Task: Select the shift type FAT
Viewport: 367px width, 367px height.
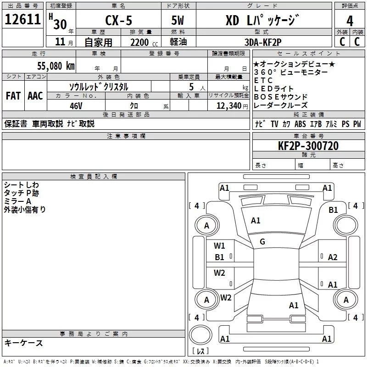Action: pyautogui.click(x=13, y=95)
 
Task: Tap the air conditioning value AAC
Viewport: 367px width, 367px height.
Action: pyautogui.click(x=35, y=95)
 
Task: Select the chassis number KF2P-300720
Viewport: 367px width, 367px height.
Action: pyautogui.click(x=308, y=146)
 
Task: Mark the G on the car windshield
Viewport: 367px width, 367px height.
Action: pyautogui.click(x=262, y=241)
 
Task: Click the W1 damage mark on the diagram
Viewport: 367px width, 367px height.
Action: pyautogui.click(x=220, y=245)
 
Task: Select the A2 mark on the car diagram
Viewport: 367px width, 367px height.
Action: pyautogui.click(x=333, y=257)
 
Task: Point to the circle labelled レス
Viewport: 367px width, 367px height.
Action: pyautogui.click(x=200, y=337)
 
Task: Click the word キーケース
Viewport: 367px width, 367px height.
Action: pyautogui.click(x=23, y=343)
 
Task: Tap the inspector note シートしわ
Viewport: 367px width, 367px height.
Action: pyautogui.click(x=22, y=185)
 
